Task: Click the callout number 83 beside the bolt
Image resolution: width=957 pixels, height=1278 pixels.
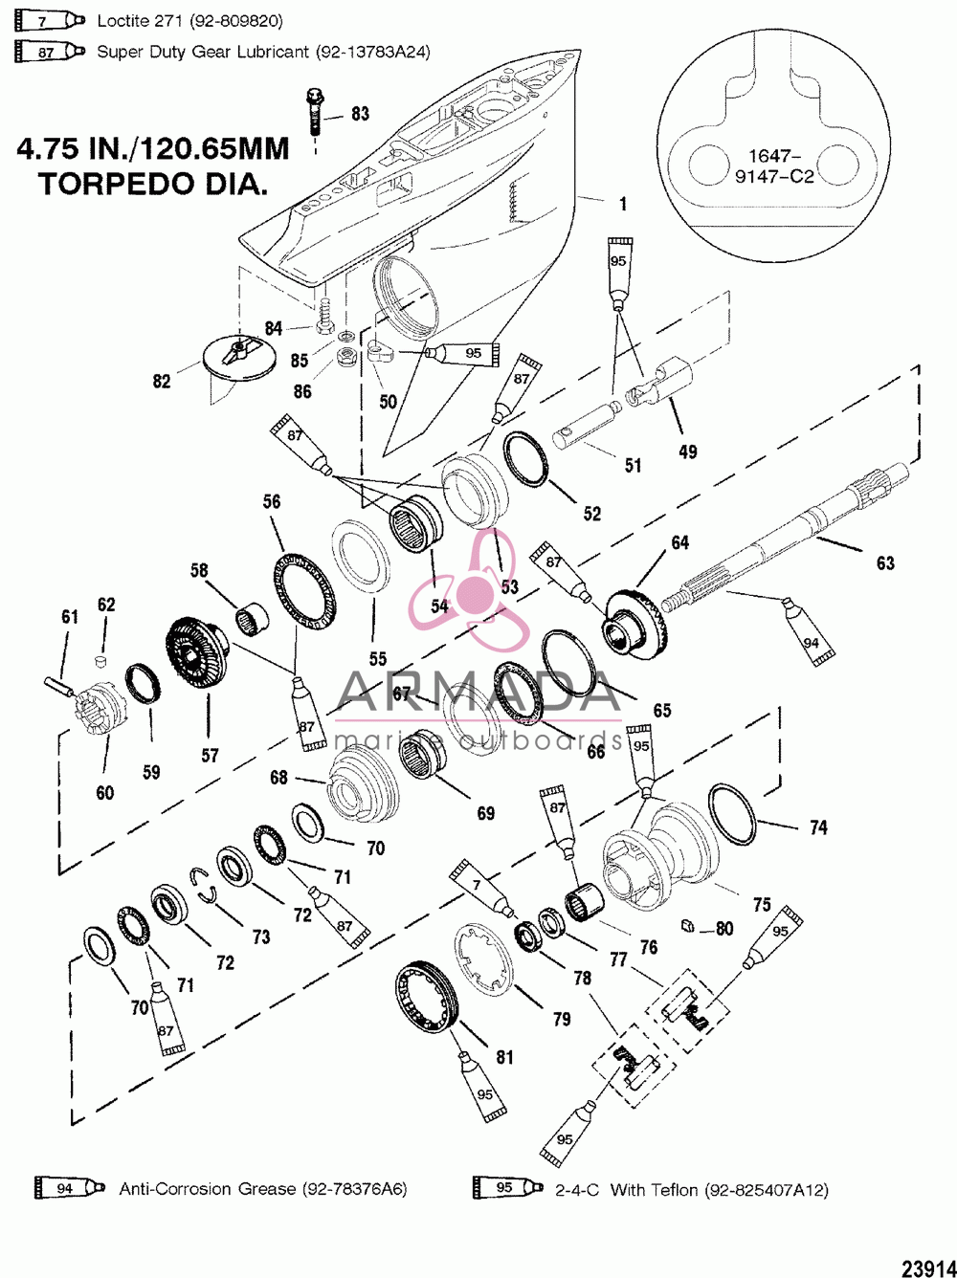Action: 360,114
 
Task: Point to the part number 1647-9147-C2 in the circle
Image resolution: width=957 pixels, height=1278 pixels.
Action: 773,165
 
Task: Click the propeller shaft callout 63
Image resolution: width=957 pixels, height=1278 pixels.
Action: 885,563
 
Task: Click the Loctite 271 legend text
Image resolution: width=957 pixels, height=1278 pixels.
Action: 189,22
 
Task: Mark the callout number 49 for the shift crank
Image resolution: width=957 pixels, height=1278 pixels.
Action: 688,452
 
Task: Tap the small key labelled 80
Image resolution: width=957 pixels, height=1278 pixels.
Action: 687,925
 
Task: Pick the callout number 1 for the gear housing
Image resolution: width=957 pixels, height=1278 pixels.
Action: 623,204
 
